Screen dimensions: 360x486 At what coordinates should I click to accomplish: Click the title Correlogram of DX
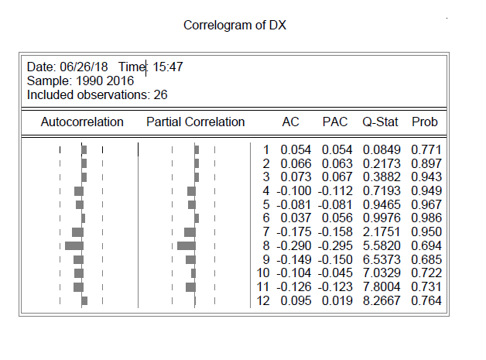pos(235,26)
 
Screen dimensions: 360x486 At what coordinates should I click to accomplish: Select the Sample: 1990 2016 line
pos(80,81)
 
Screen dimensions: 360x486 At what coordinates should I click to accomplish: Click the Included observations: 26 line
pos(97,94)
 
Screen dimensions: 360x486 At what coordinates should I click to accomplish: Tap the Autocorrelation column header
pos(82,122)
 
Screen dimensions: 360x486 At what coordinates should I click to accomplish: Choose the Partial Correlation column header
pos(195,122)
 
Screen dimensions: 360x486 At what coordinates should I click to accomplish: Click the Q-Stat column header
pos(380,122)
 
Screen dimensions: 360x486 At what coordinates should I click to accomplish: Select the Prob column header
pos(425,122)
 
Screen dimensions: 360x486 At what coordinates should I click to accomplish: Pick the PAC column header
pos(335,122)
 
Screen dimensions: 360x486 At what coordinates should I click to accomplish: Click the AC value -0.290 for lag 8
pos(295,245)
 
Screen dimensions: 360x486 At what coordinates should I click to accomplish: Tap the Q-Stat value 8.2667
pos(381,300)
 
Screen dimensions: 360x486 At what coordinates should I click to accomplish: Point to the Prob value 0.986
pos(427,218)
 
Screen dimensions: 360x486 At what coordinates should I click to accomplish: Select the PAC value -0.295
pos(335,245)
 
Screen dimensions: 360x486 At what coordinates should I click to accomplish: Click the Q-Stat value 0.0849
pos(381,149)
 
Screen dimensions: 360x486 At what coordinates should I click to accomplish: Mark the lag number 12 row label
pos(262,300)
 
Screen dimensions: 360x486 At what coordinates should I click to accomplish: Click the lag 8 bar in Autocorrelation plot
pos(74,245)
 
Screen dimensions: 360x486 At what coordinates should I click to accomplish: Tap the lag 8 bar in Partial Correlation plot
pos(187,245)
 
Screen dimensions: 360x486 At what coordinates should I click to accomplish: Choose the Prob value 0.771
pos(427,149)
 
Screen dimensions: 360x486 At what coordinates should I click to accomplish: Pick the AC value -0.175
pos(295,232)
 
